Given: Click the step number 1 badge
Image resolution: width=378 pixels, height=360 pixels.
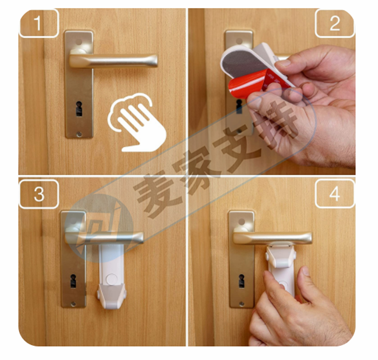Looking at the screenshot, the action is tap(39, 23).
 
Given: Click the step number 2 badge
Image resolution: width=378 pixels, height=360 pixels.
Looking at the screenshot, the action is tap(335, 23).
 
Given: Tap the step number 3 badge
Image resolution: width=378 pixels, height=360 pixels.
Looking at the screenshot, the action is tap(39, 194).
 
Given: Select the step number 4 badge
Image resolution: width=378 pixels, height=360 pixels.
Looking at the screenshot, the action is tap(335, 193).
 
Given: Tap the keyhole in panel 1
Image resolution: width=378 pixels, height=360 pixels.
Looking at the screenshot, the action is tap(79, 109).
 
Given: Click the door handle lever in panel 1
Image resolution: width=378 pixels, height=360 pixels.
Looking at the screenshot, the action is tap(113, 61).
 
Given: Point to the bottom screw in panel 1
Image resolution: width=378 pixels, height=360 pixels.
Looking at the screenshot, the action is tap(79, 134).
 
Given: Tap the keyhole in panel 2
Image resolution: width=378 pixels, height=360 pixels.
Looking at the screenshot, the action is tap(239, 106).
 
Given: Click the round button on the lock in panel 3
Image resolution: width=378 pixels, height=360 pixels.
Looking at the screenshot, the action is tap(112, 280).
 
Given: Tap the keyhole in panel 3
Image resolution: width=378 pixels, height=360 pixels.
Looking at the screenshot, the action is tap(73, 281).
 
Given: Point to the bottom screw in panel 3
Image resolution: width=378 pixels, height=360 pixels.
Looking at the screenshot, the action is tap(74, 304).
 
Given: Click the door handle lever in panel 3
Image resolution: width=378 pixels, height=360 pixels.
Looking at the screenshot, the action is tap(104, 237).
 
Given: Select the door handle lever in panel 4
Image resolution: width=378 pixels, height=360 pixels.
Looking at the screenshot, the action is tap(273, 238).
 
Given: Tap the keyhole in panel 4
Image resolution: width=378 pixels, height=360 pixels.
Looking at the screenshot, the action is tap(241, 281).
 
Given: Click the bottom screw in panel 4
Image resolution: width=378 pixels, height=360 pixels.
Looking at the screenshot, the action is tap(241, 304).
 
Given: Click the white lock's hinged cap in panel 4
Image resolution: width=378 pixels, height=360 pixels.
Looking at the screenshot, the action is tap(281, 256).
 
